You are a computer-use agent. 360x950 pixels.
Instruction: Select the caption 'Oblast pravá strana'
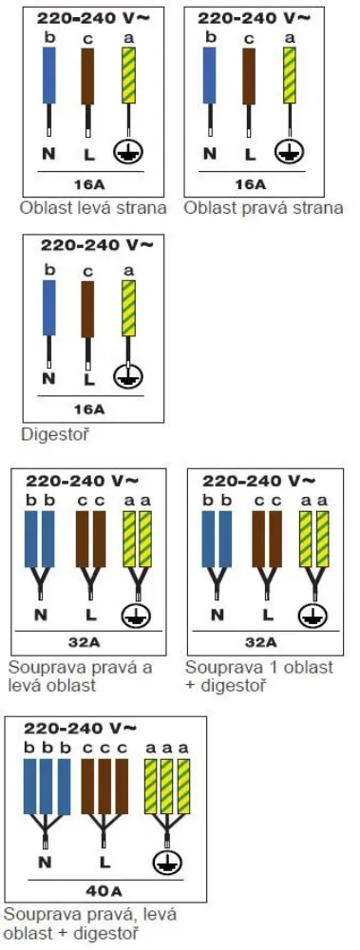click(263, 207)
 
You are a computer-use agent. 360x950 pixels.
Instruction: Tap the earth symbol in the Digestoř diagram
click(128, 377)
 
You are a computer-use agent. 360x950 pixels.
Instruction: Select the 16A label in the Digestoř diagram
click(89, 409)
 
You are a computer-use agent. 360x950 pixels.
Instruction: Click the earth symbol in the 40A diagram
click(165, 862)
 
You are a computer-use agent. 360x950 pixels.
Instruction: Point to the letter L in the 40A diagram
click(104, 862)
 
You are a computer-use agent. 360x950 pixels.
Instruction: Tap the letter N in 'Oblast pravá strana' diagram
click(209, 152)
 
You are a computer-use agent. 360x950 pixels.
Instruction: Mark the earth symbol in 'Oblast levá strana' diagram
click(126, 152)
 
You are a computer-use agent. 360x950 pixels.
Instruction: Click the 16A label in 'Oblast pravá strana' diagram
click(250, 182)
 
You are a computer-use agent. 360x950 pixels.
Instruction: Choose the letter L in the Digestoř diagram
click(88, 377)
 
